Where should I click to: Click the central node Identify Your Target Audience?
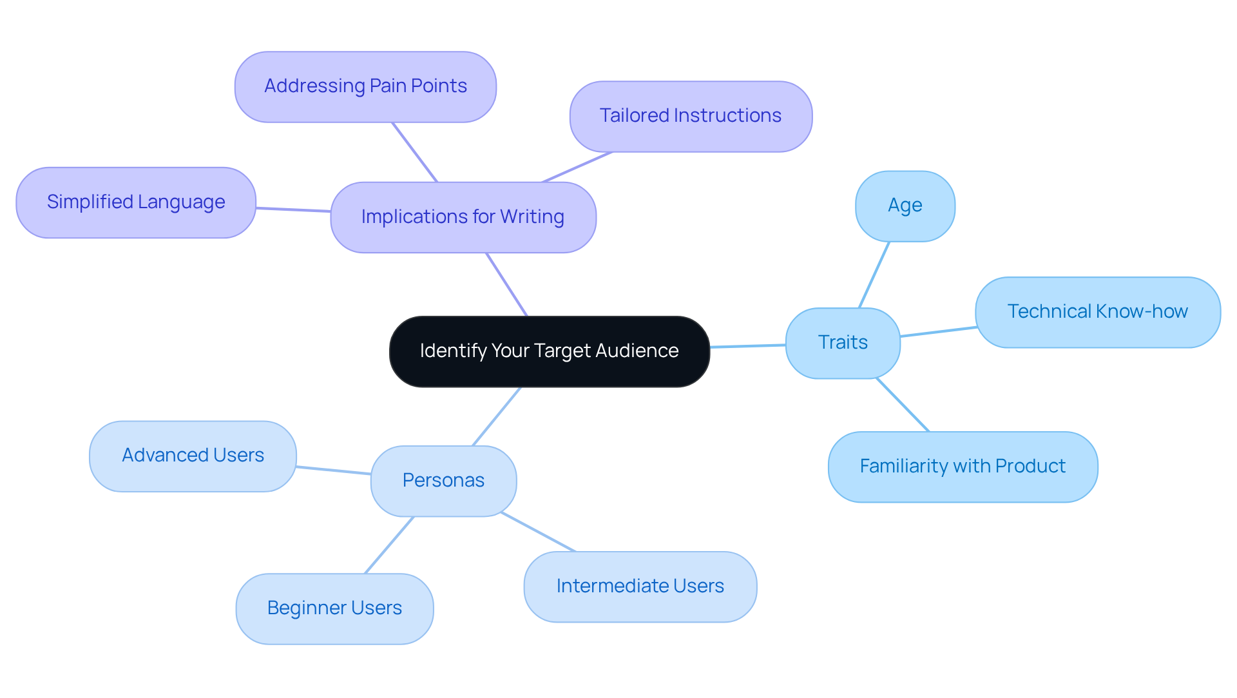tap(549, 351)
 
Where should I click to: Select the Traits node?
tap(842, 342)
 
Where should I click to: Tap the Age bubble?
tap(905, 206)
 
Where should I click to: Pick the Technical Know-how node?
tap(1097, 312)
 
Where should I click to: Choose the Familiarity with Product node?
tap(963, 466)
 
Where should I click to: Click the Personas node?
tap(443, 480)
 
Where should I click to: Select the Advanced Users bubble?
tap(193, 456)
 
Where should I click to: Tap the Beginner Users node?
tap(334, 608)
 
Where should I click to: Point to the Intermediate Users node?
tap(640, 586)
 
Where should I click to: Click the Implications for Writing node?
tap(463, 217)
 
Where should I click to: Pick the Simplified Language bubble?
tap(136, 202)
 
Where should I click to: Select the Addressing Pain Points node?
tap(365, 86)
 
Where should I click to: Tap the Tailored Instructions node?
tap(690, 116)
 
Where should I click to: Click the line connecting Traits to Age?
tap(874, 275)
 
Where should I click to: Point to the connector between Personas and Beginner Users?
tap(389, 545)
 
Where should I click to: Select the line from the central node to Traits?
tap(747, 346)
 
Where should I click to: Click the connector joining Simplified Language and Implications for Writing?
tap(293, 209)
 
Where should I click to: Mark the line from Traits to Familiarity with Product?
tap(903, 405)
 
